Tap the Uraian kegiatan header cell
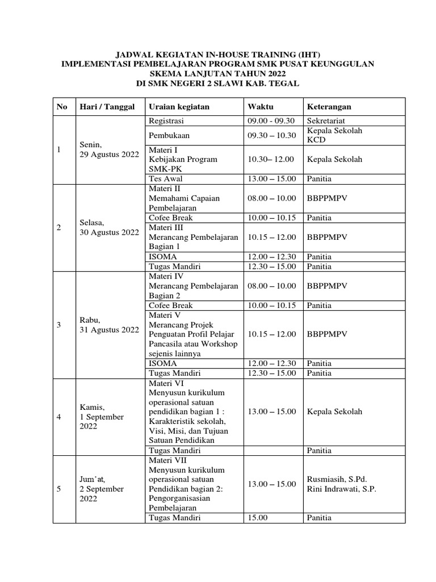click(x=179, y=107)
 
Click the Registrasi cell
click(x=166, y=121)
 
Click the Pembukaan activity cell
click(x=169, y=135)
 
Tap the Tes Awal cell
click(x=164, y=178)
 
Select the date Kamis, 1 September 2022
click(x=103, y=417)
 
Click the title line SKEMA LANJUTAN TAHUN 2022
click(x=218, y=74)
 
